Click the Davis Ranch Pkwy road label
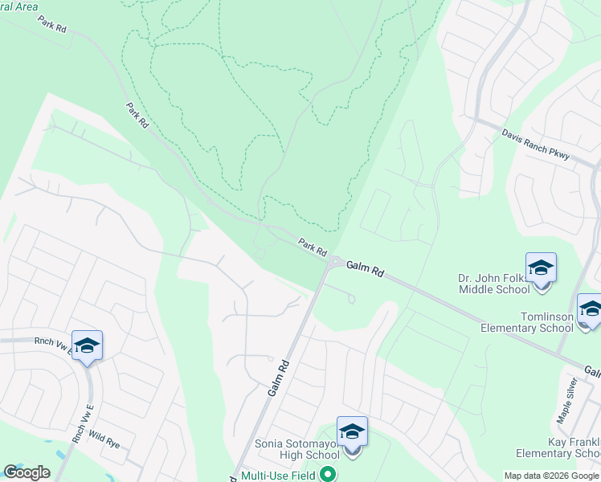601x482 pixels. [535, 144]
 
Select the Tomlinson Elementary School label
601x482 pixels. [526, 321]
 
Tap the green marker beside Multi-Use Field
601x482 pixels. [327, 474]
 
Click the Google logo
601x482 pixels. [27, 472]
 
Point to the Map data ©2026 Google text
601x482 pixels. [551, 476]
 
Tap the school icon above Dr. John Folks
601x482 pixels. [541, 267]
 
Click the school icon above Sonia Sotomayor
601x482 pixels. [352, 431]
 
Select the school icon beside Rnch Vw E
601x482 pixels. [87, 345]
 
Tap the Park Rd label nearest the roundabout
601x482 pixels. [313, 247]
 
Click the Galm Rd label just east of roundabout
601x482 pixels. [368, 269]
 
